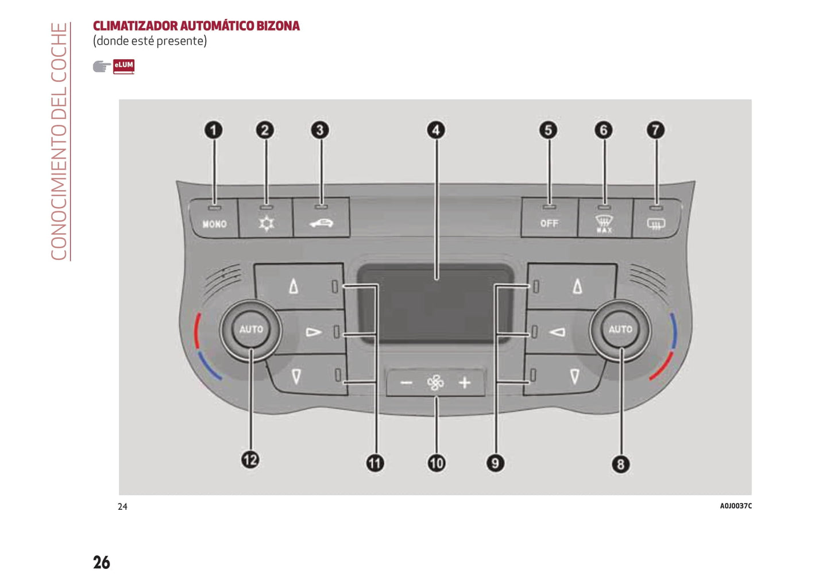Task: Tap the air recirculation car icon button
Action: pyautogui.click(x=321, y=222)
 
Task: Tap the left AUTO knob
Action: pyautogui.click(x=251, y=330)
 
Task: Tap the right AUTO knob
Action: pyautogui.click(x=620, y=330)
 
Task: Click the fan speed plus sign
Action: pyautogui.click(x=465, y=382)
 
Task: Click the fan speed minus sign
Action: pyautogui.click(x=406, y=383)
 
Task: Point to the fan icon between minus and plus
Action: pyautogui.click(x=435, y=383)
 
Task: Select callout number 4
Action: pyautogui.click(x=436, y=130)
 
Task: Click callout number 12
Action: pyautogui.click(x=250, y=460)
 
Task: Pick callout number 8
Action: pyautogui.click(x=620, y=464)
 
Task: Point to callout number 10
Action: pyautogui.click(x=436, y=463)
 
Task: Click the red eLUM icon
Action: pyautogui.click(x=123, y=66)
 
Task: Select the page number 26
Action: pyautogui.click(x=102, y=562)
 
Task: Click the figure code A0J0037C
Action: pyautogui.click(x=735, y=506)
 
